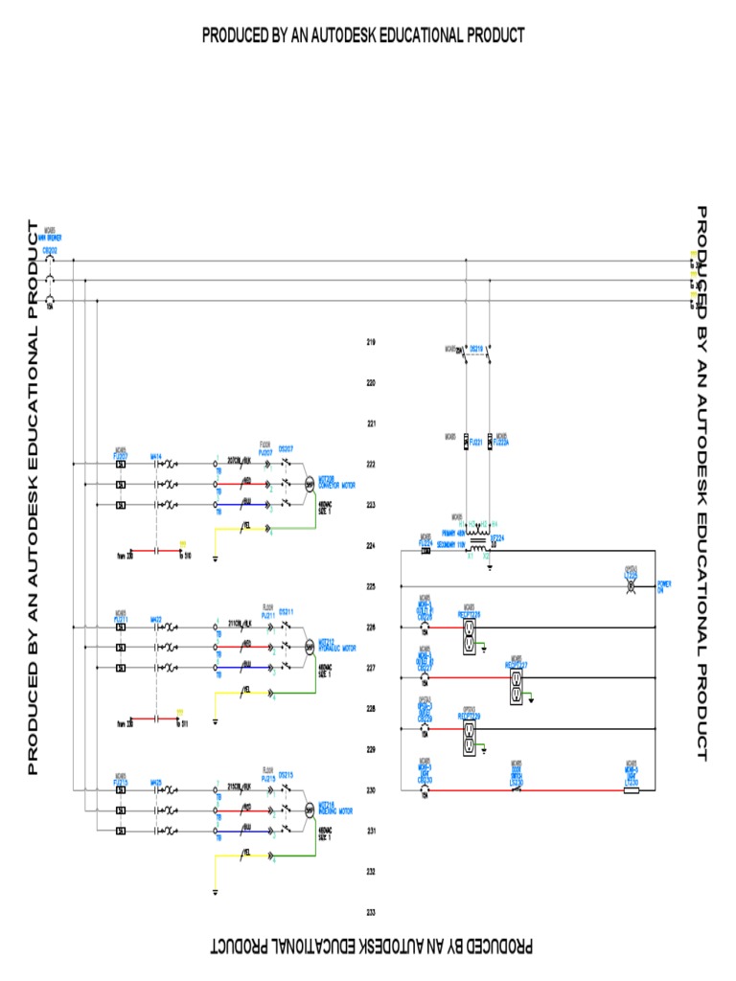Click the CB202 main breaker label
click(49, 249)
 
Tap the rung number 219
click(371, 342)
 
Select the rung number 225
click(371, 586)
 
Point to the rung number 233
click(371, 912)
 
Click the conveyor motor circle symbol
click(310, 483)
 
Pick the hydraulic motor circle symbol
click(310, 647)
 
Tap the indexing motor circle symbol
click(310, 810)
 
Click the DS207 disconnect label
click(285, 447)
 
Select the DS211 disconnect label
click(287, 610)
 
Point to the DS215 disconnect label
click(287, 774)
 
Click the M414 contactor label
click(156, 456)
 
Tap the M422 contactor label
click(156, 620)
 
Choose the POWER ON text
click(664, 587)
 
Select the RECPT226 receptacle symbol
click(470, 635)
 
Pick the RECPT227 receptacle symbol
click(514, 686)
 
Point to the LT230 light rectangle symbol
click(631, 790)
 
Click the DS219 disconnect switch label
click(477, 349)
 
